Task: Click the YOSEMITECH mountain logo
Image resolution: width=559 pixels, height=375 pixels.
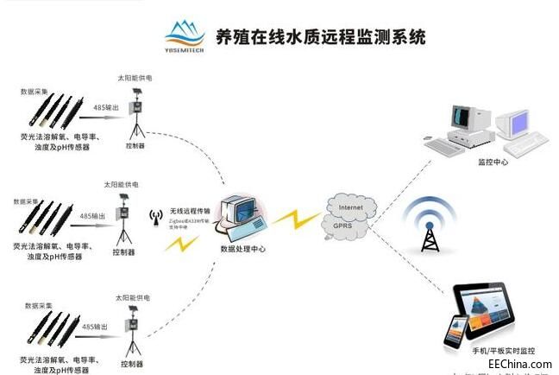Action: pyautogui.click(x=187, y=35)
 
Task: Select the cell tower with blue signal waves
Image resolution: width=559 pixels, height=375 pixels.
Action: pyautogui.click(x=430, y=228)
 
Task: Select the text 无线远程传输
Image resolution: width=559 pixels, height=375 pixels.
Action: pyautogui.click(x=191, y=211)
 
